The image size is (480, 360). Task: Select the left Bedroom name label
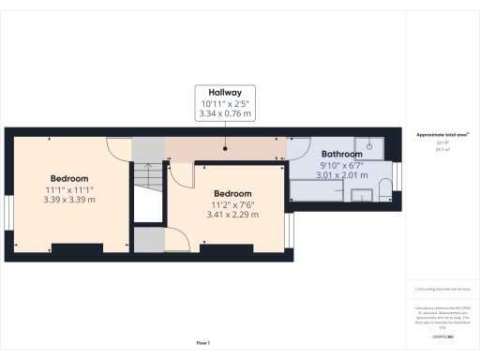tap(69, 178)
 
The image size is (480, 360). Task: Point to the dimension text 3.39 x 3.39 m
tap(69, 199)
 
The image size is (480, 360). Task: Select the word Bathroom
tap(341, 154)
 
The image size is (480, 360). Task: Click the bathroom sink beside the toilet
tap(363, 194)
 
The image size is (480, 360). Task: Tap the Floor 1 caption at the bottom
tap(203, 343)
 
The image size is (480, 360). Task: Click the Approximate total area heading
tap(442, 135)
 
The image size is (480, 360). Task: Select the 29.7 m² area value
tap(442, 148)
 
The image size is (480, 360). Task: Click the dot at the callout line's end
tap(225, 146)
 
